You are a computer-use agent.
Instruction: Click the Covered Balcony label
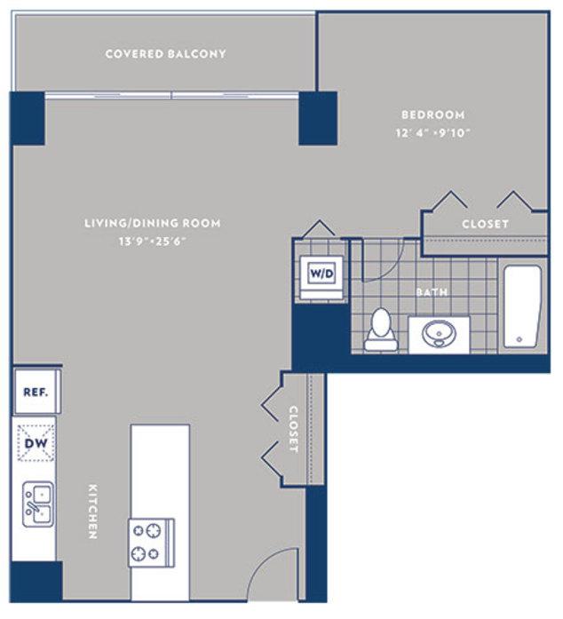point(165,54)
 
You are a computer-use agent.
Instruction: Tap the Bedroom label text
point(433,115)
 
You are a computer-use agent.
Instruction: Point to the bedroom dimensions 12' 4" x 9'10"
point(433,133)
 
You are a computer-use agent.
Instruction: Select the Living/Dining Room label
point(152,223)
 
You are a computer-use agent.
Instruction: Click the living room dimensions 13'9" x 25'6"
point(152,241)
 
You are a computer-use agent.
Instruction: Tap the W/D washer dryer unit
point(321,273)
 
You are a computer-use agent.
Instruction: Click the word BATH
point(432,291)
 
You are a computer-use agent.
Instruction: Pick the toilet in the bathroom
point(381,327)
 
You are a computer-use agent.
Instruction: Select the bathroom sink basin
point(438,334)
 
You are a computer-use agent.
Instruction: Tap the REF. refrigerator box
point(36,391)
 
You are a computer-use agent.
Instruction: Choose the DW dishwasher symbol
point(36,442)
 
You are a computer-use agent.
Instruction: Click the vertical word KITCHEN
point(91,511)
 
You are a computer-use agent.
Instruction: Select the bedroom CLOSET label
point(485,224)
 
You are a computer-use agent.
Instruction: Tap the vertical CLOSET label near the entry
point(293,430)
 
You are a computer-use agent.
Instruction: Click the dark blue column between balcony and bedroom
point(317,118)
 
